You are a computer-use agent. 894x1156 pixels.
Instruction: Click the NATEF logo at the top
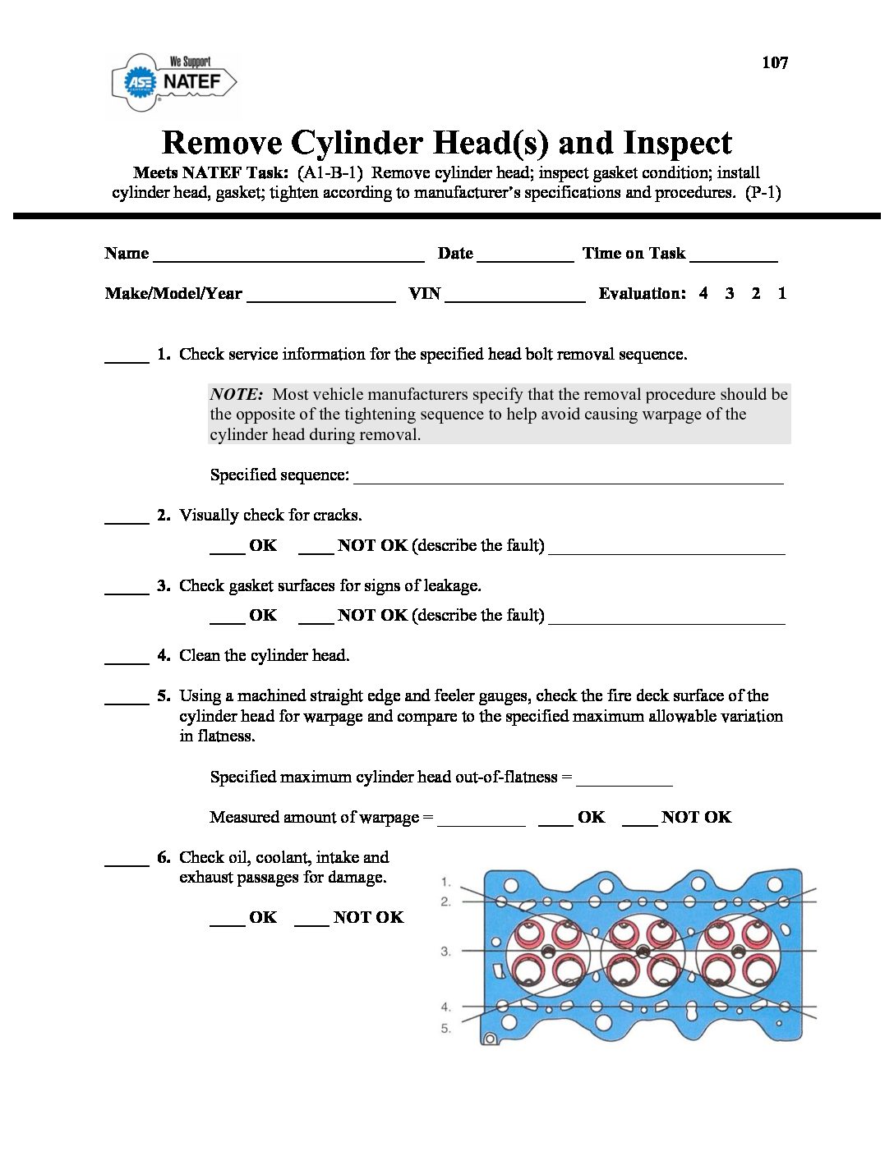[174, 81]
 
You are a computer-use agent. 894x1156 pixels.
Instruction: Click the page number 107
[774, 62]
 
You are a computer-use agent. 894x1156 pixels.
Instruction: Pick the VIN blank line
[514, 297]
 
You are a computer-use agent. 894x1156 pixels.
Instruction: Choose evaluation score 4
[703, 293]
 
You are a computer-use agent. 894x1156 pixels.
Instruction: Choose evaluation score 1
[781, 293]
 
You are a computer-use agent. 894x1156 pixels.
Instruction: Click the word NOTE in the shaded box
[236, 394]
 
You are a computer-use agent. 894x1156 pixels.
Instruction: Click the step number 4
[164, 655]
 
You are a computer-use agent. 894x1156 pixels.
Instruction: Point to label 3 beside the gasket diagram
[445, 952]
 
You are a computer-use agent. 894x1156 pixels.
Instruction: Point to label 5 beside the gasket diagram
[445, 1028]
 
